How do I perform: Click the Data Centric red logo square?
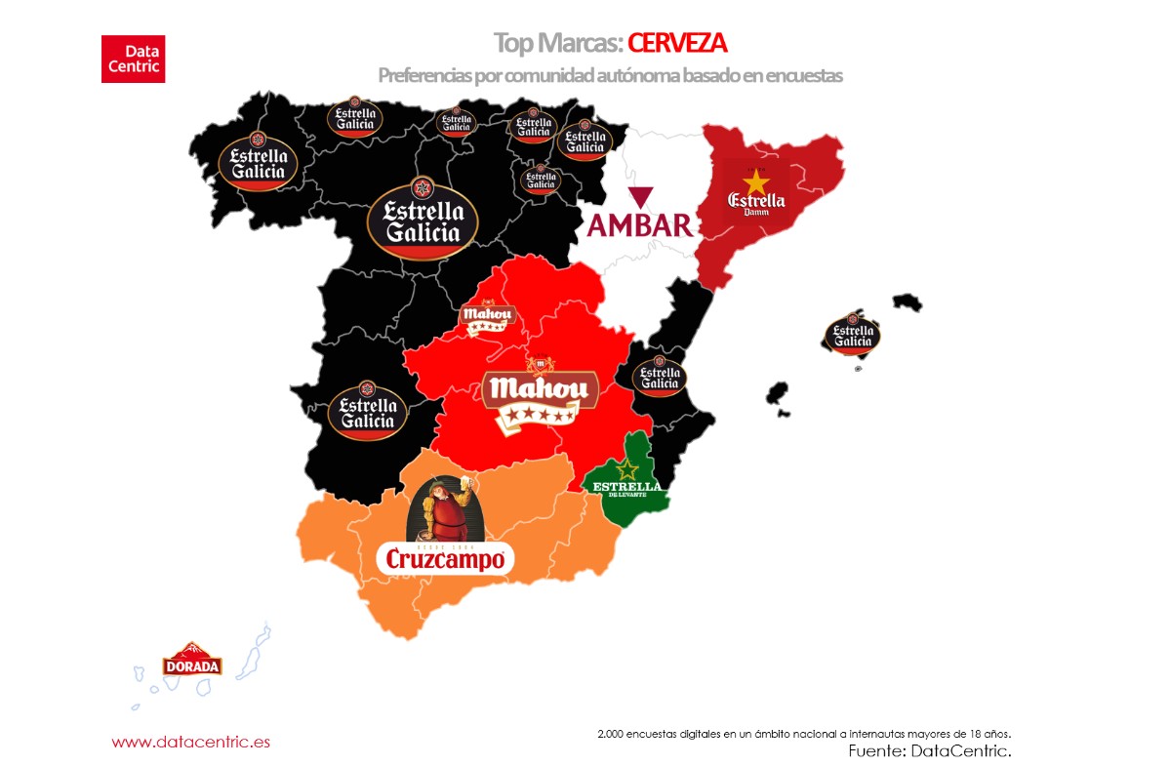click(x=133, y=59)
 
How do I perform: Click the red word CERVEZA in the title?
click(x=677, y=43)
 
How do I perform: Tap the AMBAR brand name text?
click(x=640, y=224)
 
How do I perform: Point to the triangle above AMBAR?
click(x=641, y=194)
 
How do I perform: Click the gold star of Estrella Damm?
click(x=755, y=181)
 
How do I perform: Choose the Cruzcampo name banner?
click(x=445, y=559)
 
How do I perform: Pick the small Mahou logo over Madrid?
click(x=487, y=318)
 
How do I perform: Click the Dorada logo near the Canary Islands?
click(x=192, y=662)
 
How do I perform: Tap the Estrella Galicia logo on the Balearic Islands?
click(x=853, y=334)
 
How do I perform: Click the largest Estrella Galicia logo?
click(x=423, y=219)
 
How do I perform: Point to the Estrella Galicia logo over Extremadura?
click(x=367, y=409)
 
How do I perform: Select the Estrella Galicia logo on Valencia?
click(x=660, y=376)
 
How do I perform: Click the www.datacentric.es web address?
click(x=190, y=742)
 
